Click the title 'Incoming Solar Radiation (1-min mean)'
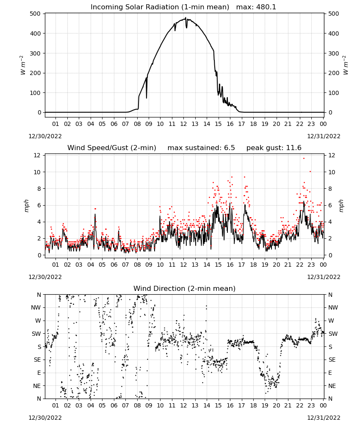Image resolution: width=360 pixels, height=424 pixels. pos(160,7)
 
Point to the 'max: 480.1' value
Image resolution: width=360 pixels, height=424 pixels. pos(256,7)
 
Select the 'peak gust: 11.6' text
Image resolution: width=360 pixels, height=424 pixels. pos(274,148)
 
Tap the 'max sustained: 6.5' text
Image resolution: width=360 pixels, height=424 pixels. pos(201,148)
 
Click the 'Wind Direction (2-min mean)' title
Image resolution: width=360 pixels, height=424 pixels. pos(185,288)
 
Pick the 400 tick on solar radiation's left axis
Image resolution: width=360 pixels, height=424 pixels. pos(36,33)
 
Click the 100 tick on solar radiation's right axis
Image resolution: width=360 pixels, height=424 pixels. pos(333,93)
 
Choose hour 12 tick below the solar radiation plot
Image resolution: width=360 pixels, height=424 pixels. pos(183,124)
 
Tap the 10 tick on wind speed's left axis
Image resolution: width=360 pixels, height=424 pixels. pos(37,172)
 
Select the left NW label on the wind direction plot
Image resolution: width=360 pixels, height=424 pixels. pos(36,308)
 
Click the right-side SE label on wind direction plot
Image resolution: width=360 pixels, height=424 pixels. pos(332,360)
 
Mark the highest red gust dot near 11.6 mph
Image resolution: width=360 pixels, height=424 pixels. pos(304,158)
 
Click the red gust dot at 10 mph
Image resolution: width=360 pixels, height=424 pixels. pos(310,171)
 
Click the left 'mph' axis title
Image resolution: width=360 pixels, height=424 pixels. pos(26,206)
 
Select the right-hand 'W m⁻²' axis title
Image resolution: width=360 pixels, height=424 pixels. pos(346,65)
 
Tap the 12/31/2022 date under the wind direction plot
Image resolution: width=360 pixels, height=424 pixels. pos(324,418)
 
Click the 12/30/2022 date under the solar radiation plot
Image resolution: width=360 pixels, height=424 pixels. pos(45,136)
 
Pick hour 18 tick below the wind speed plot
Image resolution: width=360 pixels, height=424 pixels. pos(253,265)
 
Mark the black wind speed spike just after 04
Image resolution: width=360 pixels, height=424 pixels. pos(95,214)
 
